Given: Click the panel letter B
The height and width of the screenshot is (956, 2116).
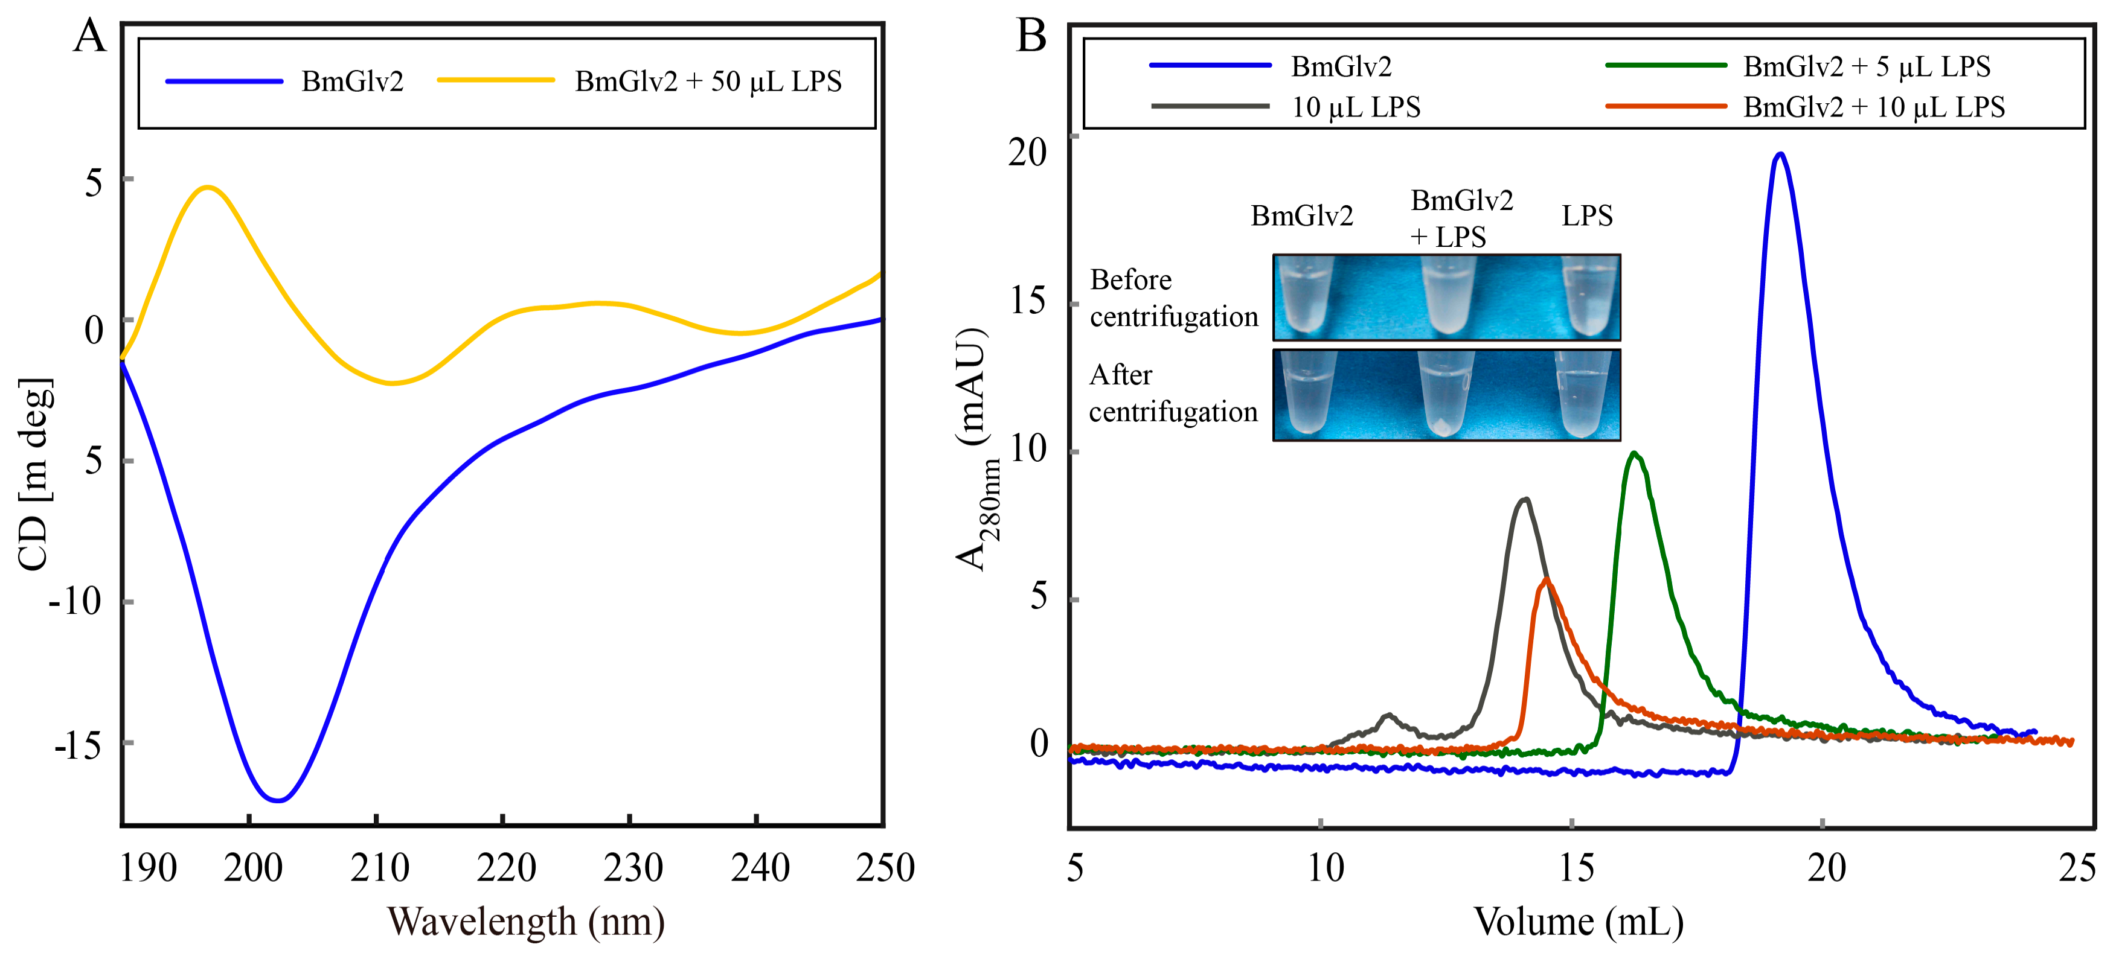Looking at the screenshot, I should pos(1031,37).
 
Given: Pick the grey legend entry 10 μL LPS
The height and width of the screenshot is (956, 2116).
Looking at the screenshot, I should pos(1355,107).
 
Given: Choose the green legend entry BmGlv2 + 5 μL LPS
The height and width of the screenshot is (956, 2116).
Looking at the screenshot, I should pos(1866,66).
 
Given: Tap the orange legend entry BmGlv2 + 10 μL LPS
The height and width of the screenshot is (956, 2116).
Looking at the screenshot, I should pos(1874,107).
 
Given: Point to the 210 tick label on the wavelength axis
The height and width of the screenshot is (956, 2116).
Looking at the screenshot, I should pos(379,868).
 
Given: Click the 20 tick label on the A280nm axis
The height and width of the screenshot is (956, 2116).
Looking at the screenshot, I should pos(1028,153).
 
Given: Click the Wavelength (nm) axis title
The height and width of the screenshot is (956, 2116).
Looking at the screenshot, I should pos(526,922).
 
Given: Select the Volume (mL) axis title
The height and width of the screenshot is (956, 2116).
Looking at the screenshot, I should pos(1578,922).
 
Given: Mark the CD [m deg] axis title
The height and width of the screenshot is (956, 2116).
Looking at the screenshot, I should pos(34,475).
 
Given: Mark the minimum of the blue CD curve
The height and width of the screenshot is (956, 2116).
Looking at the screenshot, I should pos(278,800).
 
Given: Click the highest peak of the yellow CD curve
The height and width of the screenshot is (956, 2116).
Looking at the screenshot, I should pos(208,187).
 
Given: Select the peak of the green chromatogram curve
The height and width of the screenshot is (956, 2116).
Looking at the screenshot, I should pos(1635,453).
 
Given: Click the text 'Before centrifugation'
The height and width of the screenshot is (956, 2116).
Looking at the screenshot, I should pos(1173,298).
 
